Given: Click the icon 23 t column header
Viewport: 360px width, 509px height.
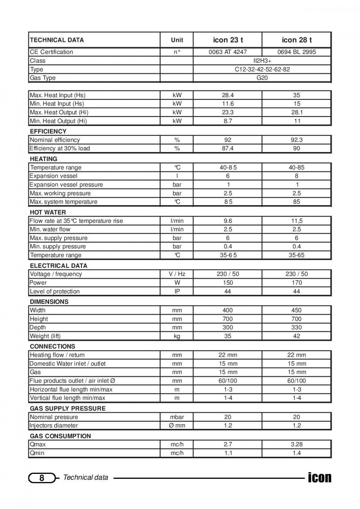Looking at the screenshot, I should (x=228, y=40).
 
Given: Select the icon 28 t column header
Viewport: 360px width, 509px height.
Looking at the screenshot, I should (x=297, y=40).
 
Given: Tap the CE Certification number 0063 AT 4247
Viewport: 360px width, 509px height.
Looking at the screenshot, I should (x=228, y=52).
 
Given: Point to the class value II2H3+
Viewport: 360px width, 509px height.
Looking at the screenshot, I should (x=262, y=60).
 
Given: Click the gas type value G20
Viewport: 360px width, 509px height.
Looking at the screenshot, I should (x=262, y=78).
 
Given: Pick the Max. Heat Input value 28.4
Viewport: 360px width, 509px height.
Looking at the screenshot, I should (x=228, y=95).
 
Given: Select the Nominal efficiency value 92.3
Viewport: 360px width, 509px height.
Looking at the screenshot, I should (x=297, y=140).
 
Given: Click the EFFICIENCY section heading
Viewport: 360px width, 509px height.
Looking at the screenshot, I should (x=48, y=131).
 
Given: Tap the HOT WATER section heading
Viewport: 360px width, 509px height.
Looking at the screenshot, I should (x=48, y=212).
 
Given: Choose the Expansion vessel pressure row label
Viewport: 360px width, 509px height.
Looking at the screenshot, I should (x=66, y=185).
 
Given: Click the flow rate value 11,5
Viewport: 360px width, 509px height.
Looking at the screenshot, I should (x=297, y=221).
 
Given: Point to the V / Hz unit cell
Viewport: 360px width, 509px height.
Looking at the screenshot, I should (x=177, y=274).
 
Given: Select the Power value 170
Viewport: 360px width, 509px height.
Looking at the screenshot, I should (x=297, y=283).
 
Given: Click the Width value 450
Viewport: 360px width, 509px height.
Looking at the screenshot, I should (x=297, y=310).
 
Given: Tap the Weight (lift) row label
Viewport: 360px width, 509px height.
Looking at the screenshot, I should (x=45, y=336).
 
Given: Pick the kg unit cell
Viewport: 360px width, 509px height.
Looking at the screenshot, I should (x=177, y=336).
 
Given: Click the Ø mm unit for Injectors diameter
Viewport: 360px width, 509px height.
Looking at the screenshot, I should (x=177, y=425).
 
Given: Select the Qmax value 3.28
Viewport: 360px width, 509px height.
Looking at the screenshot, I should (x=297, y=444).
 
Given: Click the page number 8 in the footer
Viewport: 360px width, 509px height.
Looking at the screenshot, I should (x=42, y=478).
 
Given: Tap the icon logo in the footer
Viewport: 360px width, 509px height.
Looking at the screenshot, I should (x=319, y=477).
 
